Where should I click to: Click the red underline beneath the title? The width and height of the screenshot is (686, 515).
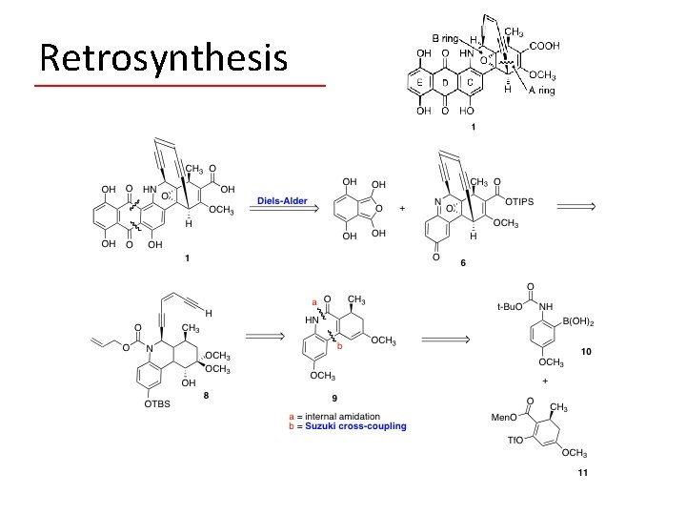(x=179, y=86)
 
